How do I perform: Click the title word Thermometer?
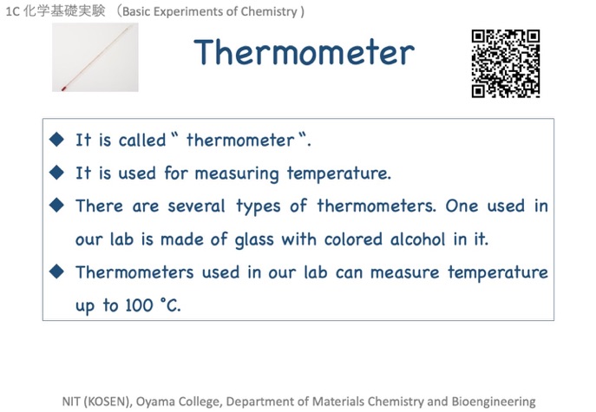[x=304, y=52]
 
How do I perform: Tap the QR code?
[x=506, y=63]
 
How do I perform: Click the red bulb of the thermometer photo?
[x=63, y=88]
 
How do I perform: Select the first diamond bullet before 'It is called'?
[x=56, y=139]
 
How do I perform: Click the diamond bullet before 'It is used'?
[x=56, y=173]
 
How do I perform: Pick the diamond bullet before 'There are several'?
[x=56, y=206]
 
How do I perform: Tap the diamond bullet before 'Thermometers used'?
[x=56, y=271]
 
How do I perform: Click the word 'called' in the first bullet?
[x=142, y=140]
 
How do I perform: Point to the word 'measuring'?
[x=237, y=174]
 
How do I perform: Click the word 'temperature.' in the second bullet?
[x=339, y=174]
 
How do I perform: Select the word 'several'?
[x=197, y=206]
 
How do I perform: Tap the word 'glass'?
[x=254, y=240]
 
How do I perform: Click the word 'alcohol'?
[x=417, y=239]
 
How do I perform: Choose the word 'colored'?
[x=353, y=239]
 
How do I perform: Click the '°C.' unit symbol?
[x=170, y=304]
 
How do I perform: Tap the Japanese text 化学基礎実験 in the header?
[x=64, y=10]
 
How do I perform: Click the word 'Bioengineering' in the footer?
[x=494, y=402]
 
